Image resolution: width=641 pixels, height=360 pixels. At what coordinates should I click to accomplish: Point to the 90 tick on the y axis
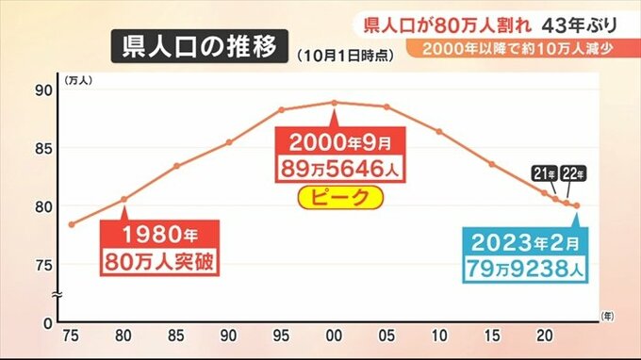point(44,90)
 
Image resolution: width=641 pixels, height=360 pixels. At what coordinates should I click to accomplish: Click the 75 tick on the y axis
point(44,266)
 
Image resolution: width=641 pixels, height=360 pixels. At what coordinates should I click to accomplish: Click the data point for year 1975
point(72,224)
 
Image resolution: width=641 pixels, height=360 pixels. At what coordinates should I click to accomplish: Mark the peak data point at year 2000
point(334,103)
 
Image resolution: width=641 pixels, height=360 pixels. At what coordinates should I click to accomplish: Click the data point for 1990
point(229,142)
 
